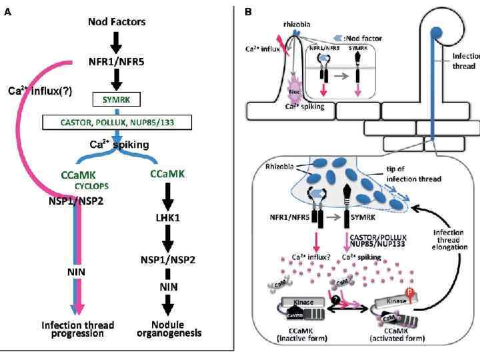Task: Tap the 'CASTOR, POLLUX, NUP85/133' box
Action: (x=117, y=122)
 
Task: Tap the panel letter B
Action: (x=248, y=11)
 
